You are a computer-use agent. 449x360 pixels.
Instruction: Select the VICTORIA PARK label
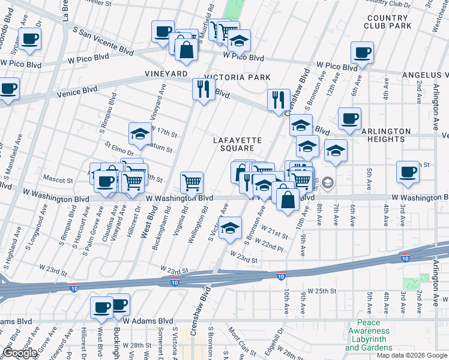point(238,77)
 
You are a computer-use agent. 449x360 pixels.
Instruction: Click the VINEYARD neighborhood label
point(166,73)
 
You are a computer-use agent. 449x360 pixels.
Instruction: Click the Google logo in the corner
point(19,353)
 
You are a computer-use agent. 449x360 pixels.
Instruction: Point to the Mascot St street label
point(58,179)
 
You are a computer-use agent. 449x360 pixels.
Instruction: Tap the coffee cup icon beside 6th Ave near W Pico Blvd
point(363,52)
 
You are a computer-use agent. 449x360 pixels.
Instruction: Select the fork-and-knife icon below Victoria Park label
point(203,89)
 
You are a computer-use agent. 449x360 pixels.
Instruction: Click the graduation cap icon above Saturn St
point(140,133)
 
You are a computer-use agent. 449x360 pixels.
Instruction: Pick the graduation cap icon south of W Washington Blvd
point(230,227)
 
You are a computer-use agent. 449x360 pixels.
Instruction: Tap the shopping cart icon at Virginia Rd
point(191,181)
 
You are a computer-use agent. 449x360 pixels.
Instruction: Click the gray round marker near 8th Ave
point(328,182)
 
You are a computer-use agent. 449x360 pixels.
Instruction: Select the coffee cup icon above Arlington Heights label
point(349,118)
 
